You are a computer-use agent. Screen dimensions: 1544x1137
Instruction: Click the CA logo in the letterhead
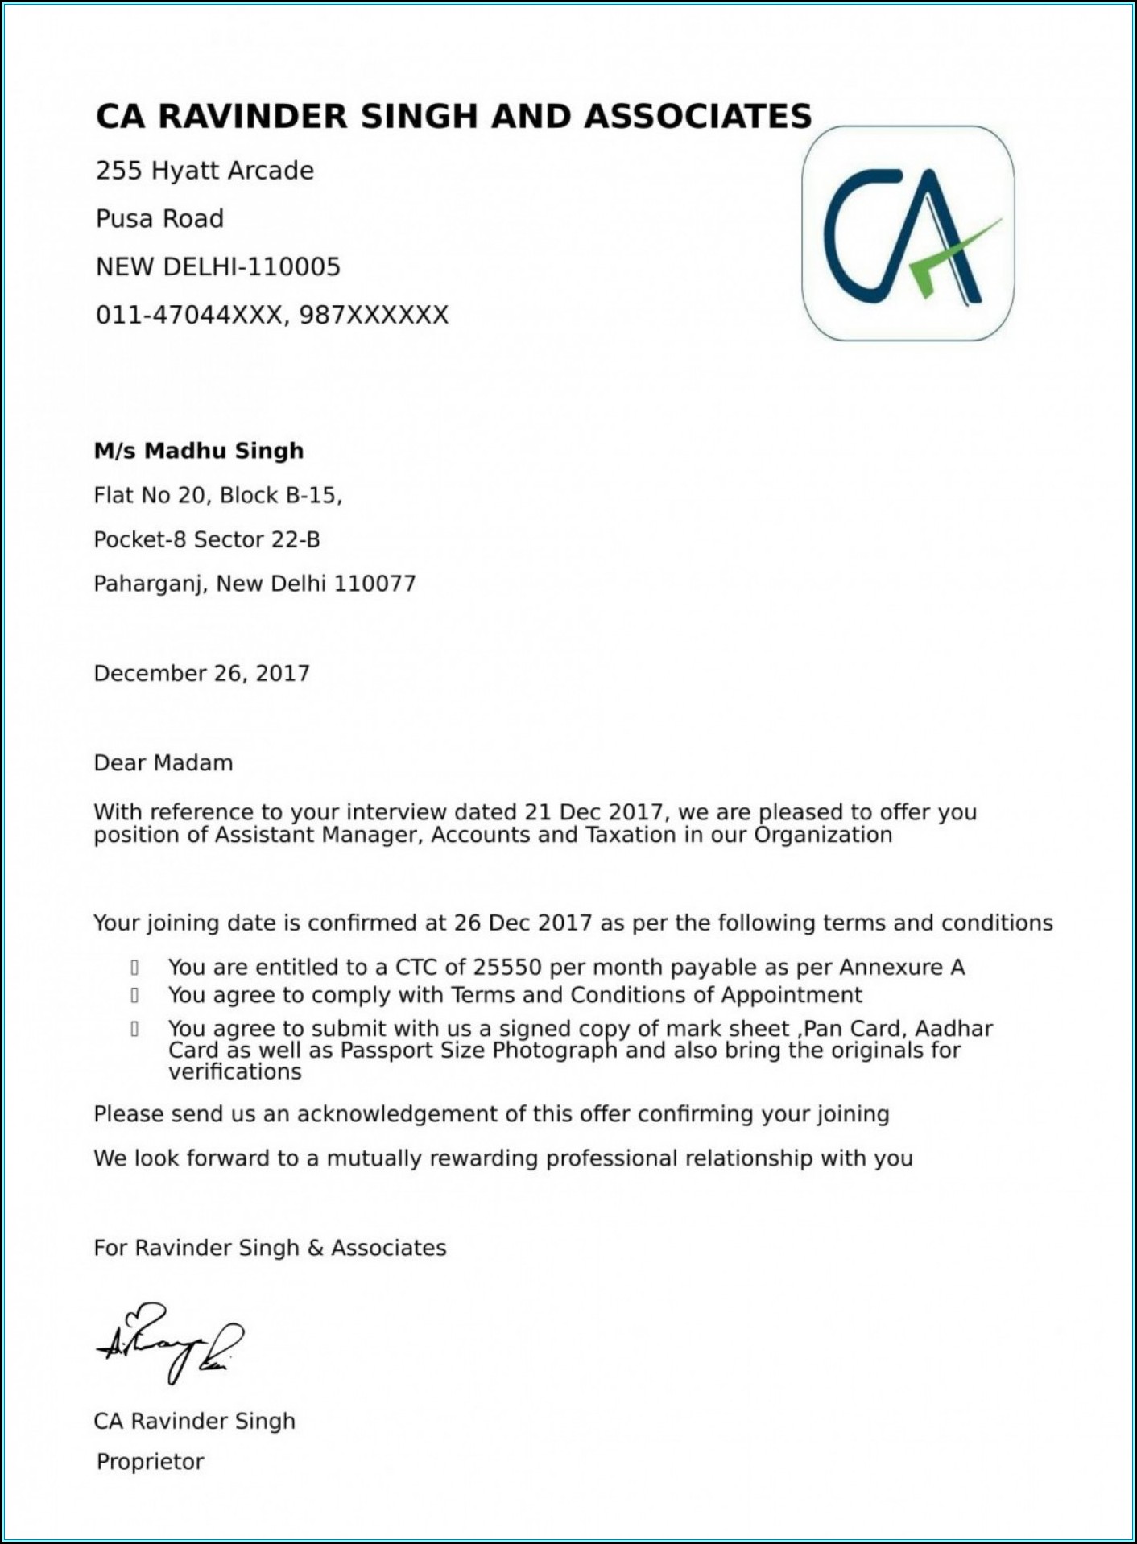(908, 233)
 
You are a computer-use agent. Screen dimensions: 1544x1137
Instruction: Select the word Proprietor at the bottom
(150, 1461)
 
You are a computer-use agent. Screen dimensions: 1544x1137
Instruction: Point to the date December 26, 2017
(201, 673)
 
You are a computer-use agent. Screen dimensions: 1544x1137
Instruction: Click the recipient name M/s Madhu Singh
(199, 451)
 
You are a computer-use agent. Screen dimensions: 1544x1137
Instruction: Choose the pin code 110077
(374, 584)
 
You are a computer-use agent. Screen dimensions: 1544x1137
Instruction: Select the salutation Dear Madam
(163, 762)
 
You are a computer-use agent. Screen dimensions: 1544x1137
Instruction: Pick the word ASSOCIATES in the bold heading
(697, 117)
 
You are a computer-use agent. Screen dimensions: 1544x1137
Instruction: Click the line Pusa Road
(159, 219)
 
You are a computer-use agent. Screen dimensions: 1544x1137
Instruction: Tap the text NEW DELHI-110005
(218, 266)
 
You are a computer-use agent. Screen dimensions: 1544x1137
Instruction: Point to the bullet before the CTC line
(134, 968)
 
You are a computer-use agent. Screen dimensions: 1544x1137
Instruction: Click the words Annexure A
(902, 967)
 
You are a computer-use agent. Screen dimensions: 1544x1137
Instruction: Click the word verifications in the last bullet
(235, 1072)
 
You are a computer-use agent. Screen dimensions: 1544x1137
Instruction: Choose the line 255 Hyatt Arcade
(205, 171)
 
